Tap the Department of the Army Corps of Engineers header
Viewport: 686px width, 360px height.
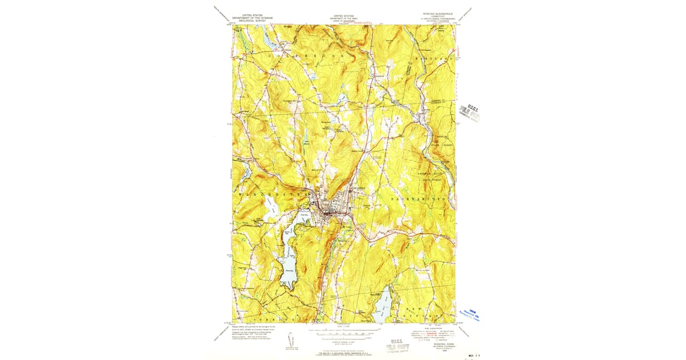(344, 19)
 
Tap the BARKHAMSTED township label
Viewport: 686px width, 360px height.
(417, 199)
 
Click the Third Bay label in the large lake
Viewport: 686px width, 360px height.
(288, 265)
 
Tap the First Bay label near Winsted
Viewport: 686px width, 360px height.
(305, 215)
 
